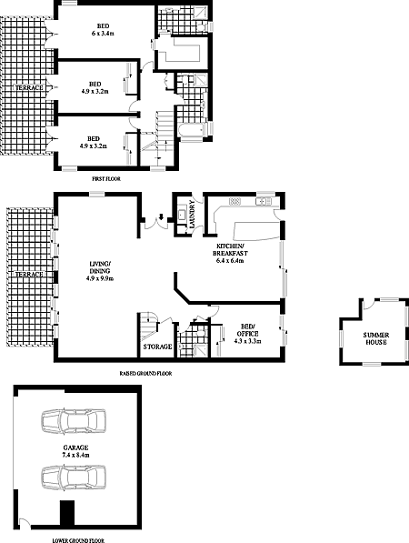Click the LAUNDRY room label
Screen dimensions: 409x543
192,214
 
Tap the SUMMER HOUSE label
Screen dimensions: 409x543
375,338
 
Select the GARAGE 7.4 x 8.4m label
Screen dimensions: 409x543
75,451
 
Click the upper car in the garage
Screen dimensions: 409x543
74,421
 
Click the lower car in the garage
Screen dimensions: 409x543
74,478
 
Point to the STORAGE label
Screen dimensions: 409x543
157,347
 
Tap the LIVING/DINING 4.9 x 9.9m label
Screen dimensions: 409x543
100,271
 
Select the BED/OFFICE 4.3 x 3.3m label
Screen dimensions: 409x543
247,334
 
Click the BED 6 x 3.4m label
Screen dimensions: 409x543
103,30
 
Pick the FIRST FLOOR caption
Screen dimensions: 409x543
106,179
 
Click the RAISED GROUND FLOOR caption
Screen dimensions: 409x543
145,374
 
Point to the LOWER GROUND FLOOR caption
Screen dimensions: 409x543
78,540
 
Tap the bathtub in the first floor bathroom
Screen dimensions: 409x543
193,132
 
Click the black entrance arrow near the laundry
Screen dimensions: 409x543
161,217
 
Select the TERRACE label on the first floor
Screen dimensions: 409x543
30,87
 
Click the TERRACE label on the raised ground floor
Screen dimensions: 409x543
30,275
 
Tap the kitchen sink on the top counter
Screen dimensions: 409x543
264,201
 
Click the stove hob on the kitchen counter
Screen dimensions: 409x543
234,201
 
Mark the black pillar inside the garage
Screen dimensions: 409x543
67,514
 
